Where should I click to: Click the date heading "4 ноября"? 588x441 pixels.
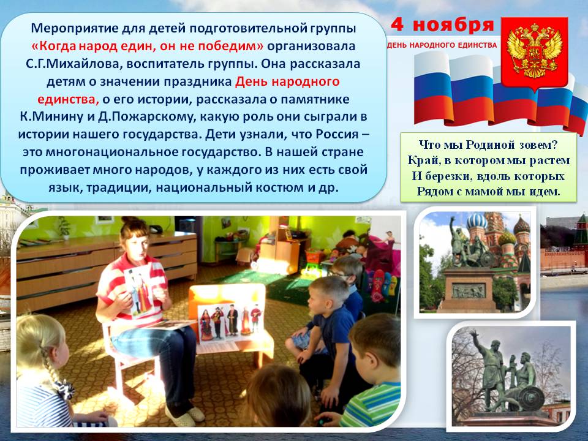pos(442,25)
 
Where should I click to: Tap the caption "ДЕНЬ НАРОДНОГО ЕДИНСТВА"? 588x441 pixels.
pos(442,45)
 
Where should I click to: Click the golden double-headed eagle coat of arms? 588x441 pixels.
pos(534,51)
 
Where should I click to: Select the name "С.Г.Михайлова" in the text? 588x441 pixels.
pos(72,64)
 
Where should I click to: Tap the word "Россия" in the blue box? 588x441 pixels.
pos(337,134)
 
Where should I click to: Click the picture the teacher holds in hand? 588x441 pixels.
pos(140,290)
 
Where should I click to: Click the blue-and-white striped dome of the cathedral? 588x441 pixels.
pos(477,221)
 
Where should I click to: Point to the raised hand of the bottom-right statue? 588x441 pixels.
pos(474,333)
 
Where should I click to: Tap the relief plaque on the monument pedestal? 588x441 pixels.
pos(469,290)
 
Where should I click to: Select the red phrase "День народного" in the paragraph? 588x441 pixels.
pos(287,81)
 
